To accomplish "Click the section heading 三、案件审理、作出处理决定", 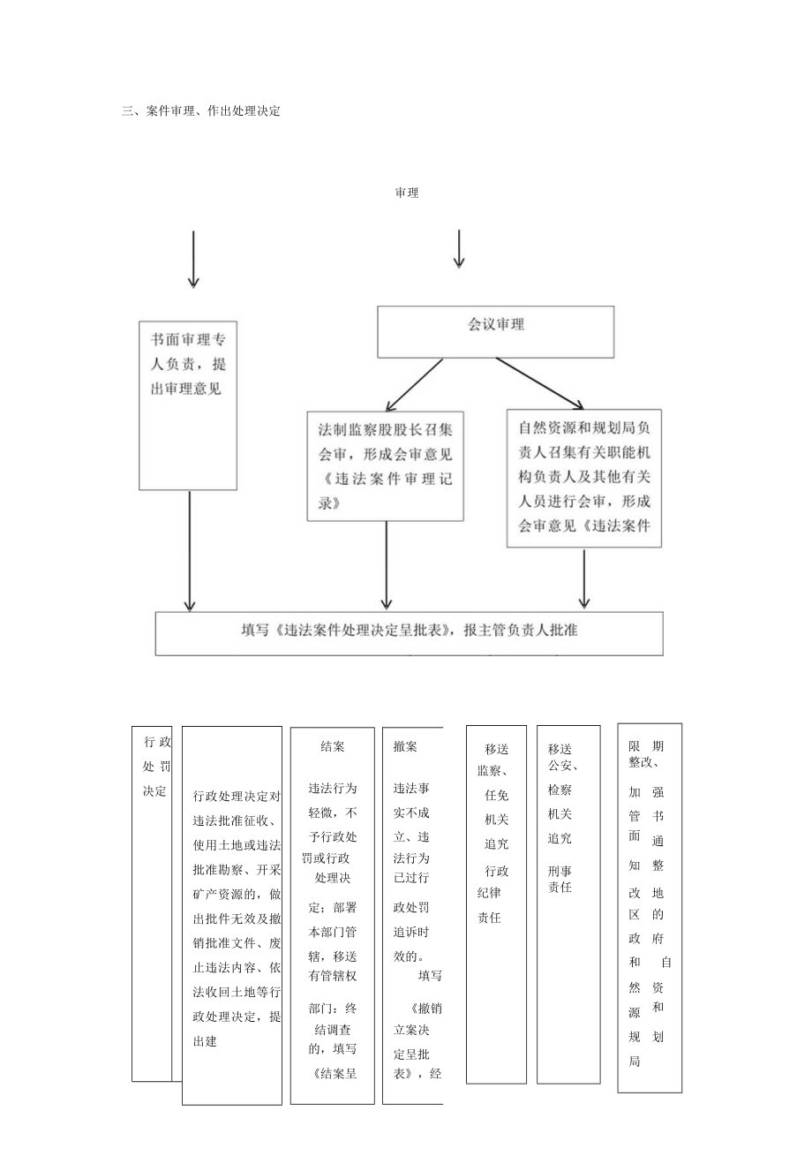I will pyautogui.click(x=201, y=111).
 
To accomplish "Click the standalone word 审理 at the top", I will pyautogui.click(x=407, y=193).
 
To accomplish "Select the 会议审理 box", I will pyautogui.click(x=495, y=332).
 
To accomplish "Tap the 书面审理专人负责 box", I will pyautogui.click(x=188, y=404).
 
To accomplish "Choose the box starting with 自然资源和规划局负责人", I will pyautogui.click(x=583, y=478).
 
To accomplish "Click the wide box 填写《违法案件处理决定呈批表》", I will pyautogui.click(x=409, y=632).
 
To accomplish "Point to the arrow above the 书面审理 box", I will pyautogui.click(x=193, y=259).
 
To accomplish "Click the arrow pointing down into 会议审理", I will pyautogui.click(x=458, y=248).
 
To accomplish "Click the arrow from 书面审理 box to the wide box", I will pyautogui.click(x=189, y=550).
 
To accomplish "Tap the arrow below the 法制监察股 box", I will pyautogui.click(x=386, y=564).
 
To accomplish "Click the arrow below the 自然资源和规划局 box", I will pyautogui.click(x=583, y=578).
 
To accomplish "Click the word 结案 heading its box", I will pyautogui.click(x=333, y=746).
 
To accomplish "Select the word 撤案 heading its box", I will pyautogui.click(x=405, y=746).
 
